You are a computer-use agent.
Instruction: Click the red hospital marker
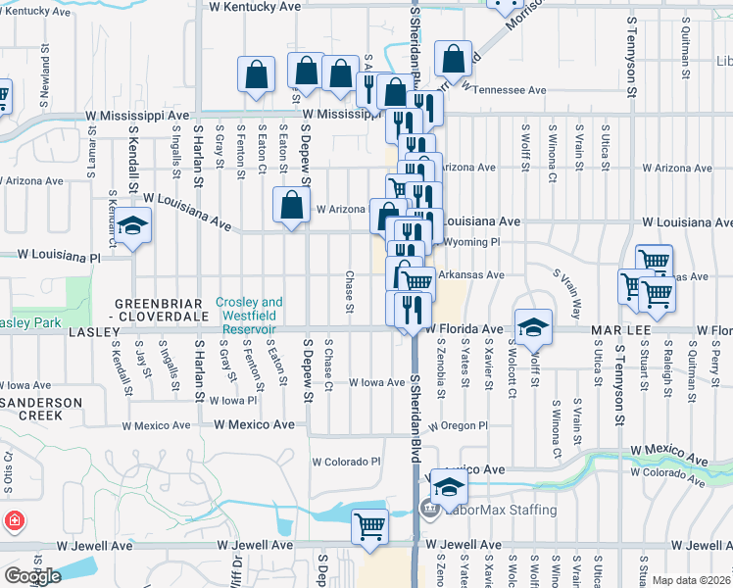(x=14, y=520)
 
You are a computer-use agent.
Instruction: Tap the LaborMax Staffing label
(x=501, y=510)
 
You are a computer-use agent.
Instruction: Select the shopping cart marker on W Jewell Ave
(x=370, y=526)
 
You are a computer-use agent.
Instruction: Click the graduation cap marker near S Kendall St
(x=134, y=225)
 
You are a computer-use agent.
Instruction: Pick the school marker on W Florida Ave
(x=533, y=326)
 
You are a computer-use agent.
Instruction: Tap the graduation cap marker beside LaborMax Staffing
(x=449, y=486)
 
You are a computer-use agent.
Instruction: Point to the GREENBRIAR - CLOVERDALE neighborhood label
(x=164, y=310)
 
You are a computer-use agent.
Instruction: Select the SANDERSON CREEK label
(x=31, y=409)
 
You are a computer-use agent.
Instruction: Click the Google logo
(x=31, y=575)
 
